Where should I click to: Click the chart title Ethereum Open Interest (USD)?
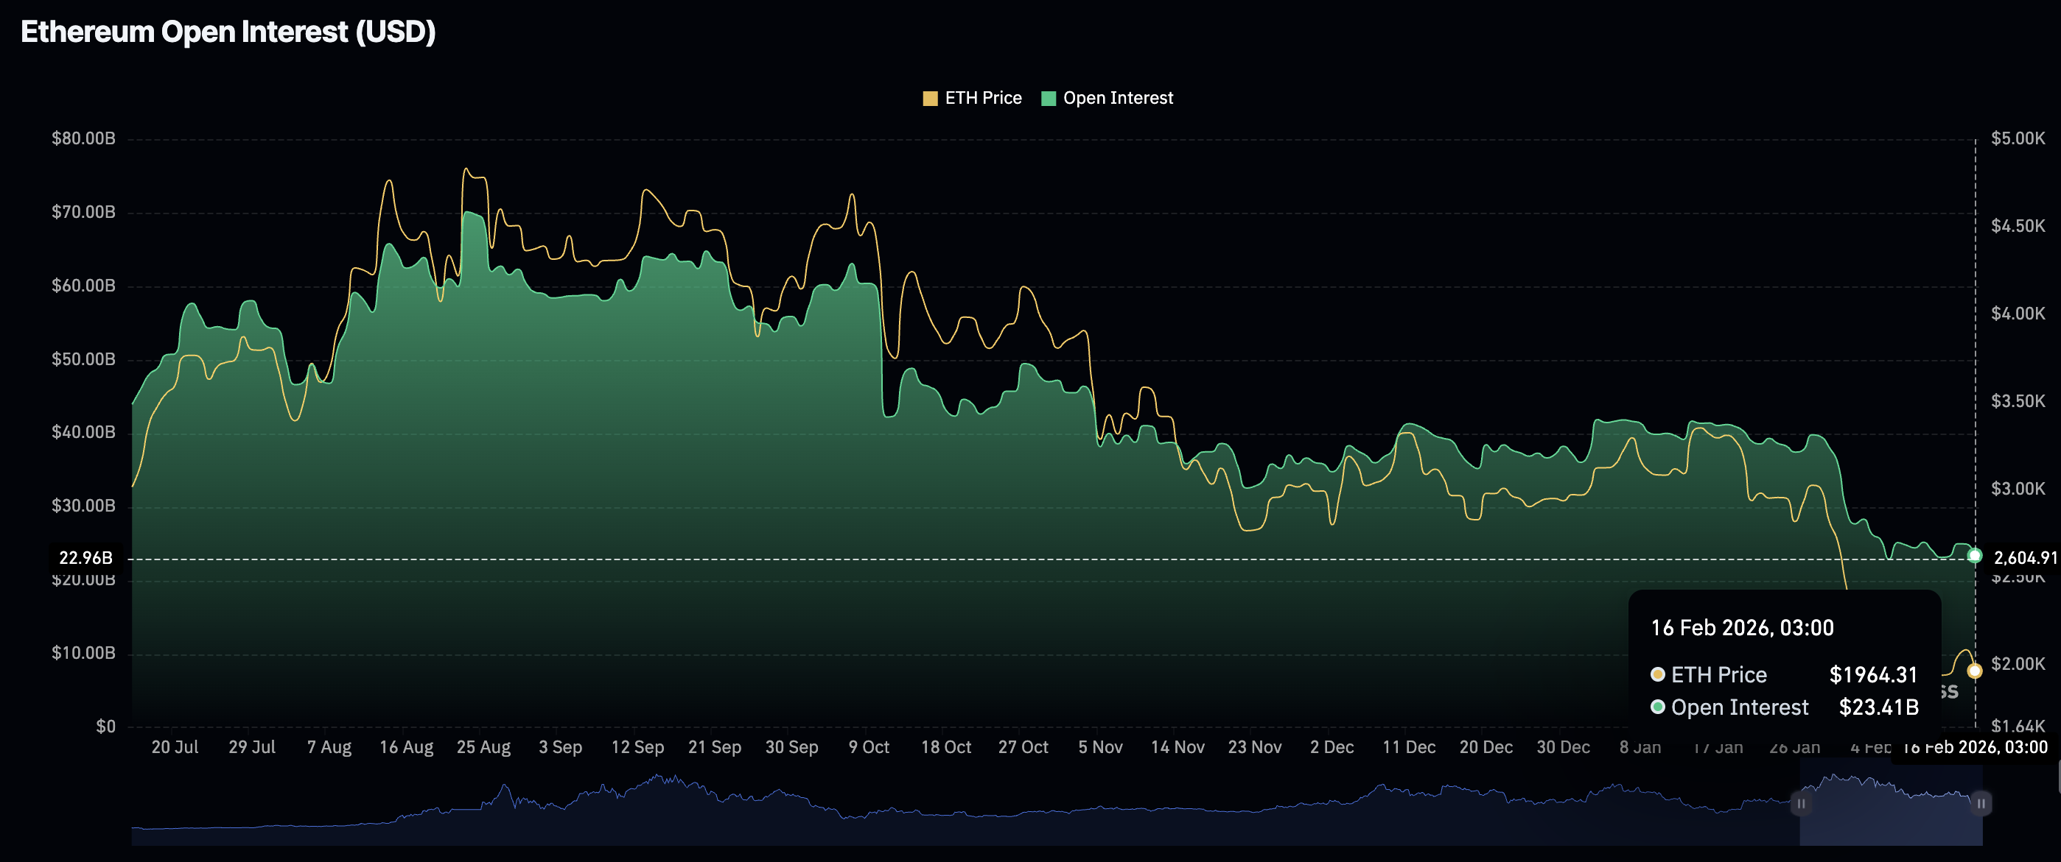coord(228,32)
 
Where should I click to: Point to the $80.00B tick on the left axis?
coord(83,138)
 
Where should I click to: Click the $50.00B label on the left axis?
coord(83,359)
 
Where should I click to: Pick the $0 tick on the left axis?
coord(105,726)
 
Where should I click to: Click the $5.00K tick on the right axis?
coord(2017,138)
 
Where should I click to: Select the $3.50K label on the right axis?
coord(2017,400)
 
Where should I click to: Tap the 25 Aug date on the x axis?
coord(483,747)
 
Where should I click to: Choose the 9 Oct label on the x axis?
coord(869,747)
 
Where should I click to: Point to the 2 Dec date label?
coord(1332,747)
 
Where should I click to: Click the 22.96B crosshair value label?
coord(85,557)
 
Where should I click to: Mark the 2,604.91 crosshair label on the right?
coord(2024,557)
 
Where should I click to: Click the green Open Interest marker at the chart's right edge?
coord(1975,555)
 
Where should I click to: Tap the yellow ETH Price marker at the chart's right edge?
coord(1975,671)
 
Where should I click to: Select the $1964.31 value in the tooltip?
coord(1873,675)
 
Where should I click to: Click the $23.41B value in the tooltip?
coord(1878,707)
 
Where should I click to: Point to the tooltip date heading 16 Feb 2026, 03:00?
coord(1742,628)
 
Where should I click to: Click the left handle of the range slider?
coord(1801,803)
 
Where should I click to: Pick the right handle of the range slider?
coord(1981,803)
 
